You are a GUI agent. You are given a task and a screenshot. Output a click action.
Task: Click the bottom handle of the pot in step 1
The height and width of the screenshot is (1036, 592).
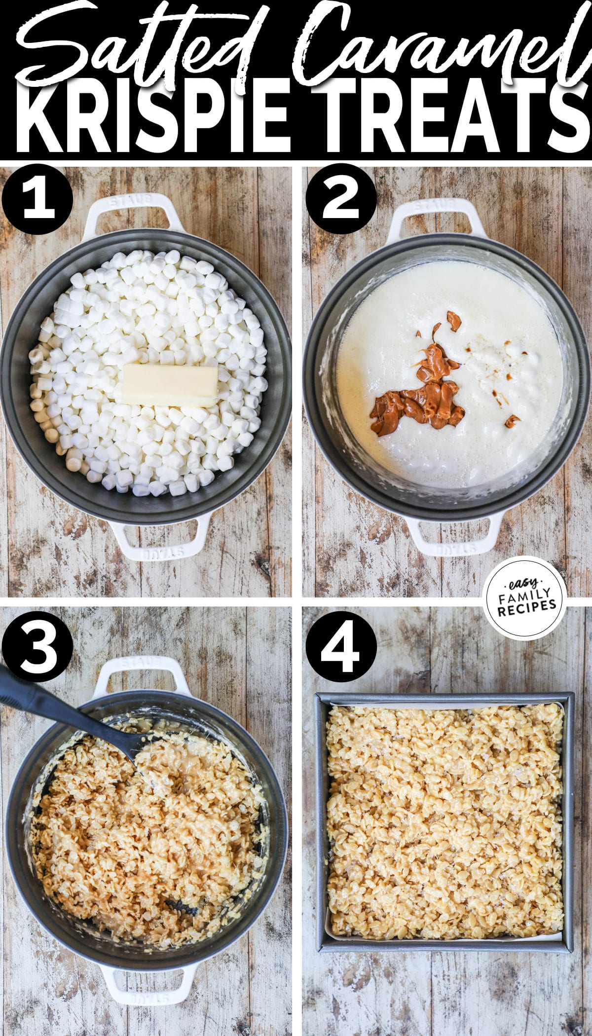158,540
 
